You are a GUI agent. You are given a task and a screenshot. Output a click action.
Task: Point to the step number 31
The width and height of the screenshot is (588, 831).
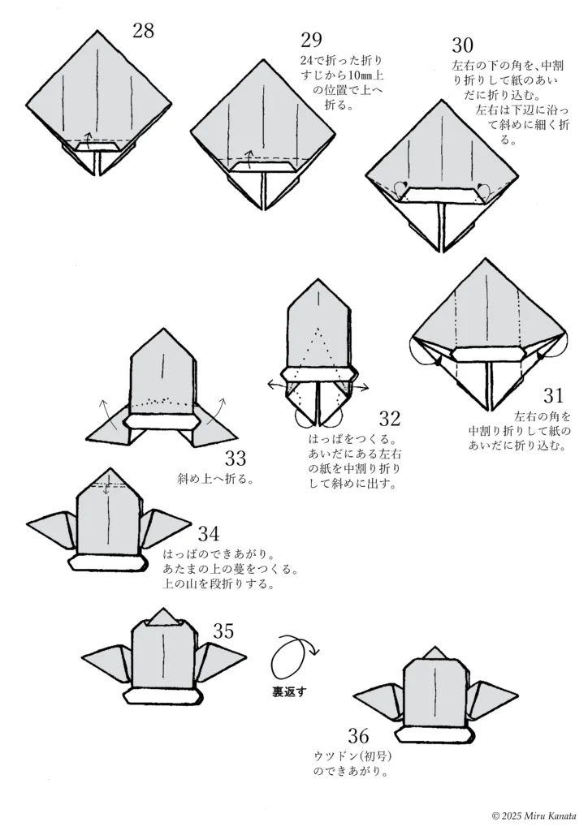click(553, 395)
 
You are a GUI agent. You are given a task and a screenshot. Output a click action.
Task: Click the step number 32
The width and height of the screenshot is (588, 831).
click(390, 419)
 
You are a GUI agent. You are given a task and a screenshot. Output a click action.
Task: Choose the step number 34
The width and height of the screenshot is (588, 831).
click(208, 534)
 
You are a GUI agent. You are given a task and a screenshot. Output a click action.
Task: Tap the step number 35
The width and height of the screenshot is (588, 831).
click(223, 631)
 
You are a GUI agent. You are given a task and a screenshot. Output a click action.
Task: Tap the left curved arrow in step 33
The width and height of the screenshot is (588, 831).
click(105, 407)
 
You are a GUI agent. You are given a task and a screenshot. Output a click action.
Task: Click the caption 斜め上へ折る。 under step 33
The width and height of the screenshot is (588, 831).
click(214, 478)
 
